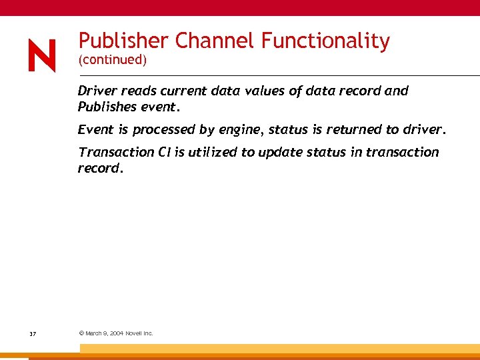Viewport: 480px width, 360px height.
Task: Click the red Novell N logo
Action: pyautogui.click(x=42, y=55)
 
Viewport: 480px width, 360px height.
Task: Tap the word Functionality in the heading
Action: pyautogui.click(x=325, y=41)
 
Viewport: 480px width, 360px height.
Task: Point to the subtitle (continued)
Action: pyautogui.click(x=111, y=61)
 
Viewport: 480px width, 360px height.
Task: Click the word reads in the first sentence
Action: pyautogui.click(x=137, y=91)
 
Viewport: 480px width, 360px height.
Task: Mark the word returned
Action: pyautogui.click(x=356, y=129)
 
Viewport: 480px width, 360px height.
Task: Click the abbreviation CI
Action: pyautogui.click(x=165, y=152)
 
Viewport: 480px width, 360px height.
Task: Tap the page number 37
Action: pyautogui.click(x=33, y=333)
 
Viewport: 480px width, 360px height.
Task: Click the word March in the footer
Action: pyautogui.click(x=95, y=333)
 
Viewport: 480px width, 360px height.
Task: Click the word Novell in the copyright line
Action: pyautogui.click(x=135, y=333)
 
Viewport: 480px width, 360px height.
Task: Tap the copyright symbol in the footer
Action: pyautogui.click(x=81, y=333)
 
